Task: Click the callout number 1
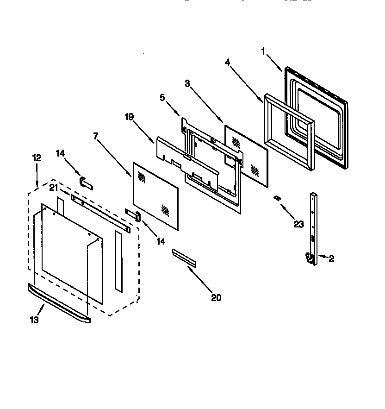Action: [x=263, y=51]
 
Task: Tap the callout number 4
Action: [x=228, y=62]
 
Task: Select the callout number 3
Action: [x=187, y=83]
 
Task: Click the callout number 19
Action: [x=129, y=117]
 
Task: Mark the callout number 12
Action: [x=37, y=157]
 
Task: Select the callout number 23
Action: [x=298, y=224]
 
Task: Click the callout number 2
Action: [x=331, y=259]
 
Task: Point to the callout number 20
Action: [x=216, y=297]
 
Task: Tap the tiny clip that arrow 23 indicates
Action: [x=277, y=198]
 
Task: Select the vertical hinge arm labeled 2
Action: [x=314, y=222]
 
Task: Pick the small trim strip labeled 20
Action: [x=184, y=258]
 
